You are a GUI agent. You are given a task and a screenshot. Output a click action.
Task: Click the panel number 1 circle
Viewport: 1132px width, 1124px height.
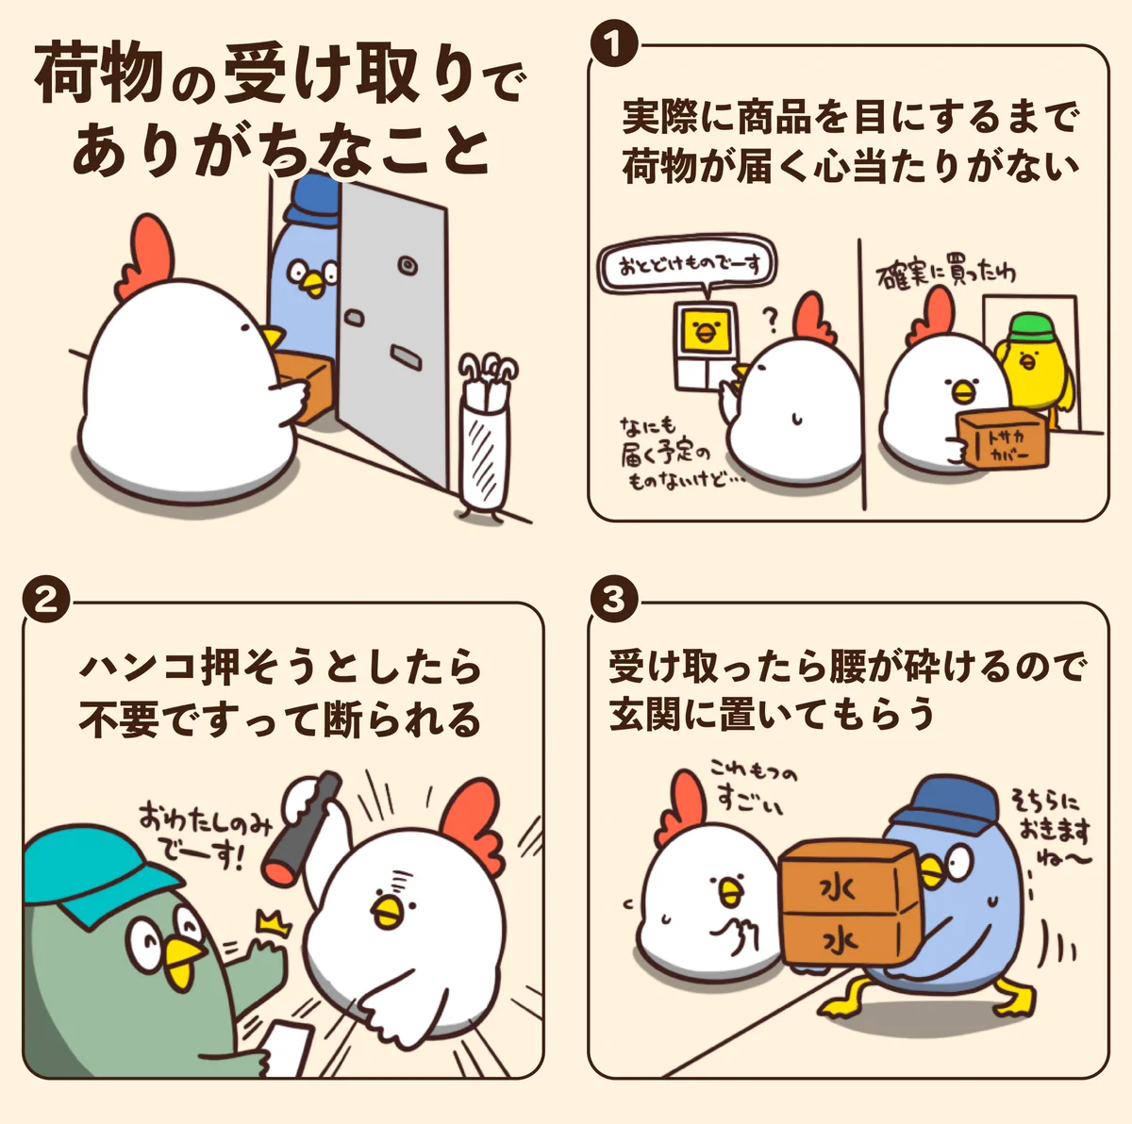pos(613,44)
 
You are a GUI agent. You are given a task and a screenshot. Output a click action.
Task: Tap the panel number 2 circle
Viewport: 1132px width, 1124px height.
pos(47,600)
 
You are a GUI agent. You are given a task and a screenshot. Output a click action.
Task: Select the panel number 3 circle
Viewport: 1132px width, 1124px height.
pos(613,600)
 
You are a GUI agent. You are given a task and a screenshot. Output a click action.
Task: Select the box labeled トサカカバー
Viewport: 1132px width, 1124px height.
pos(1002,439)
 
